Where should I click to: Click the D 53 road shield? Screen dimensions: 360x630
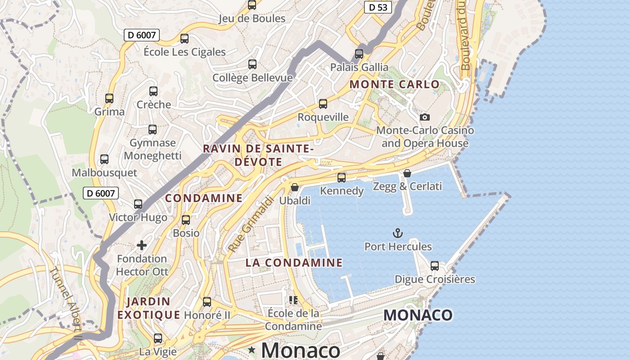[378, 7]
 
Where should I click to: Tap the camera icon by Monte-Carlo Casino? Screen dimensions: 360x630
[424, 117]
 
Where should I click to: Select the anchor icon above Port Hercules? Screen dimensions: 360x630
[397, 233]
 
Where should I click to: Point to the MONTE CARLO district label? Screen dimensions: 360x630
[395, 84]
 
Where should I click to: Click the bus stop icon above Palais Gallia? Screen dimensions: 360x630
[359, 54]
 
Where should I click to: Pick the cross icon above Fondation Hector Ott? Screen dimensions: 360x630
[142, 245]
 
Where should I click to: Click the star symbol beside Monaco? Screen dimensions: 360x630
[252, 350]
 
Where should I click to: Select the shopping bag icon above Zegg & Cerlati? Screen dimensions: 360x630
[407, 173]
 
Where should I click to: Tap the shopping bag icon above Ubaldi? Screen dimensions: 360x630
[295, 187]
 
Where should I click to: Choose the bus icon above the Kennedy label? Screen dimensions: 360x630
[342, 178]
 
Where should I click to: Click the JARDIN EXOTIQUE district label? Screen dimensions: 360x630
[148, 308]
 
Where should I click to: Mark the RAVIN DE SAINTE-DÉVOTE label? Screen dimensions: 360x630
[258, 155]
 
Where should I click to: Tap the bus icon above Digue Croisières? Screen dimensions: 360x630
[435, 266]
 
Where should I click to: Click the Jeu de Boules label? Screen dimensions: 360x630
[252, 18]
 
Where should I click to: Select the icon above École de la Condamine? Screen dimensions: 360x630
[293, 300]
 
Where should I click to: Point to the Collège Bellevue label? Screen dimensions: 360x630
[252, 78]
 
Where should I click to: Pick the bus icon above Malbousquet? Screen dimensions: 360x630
[104, 159]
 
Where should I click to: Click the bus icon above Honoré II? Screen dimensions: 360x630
[207, 302]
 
